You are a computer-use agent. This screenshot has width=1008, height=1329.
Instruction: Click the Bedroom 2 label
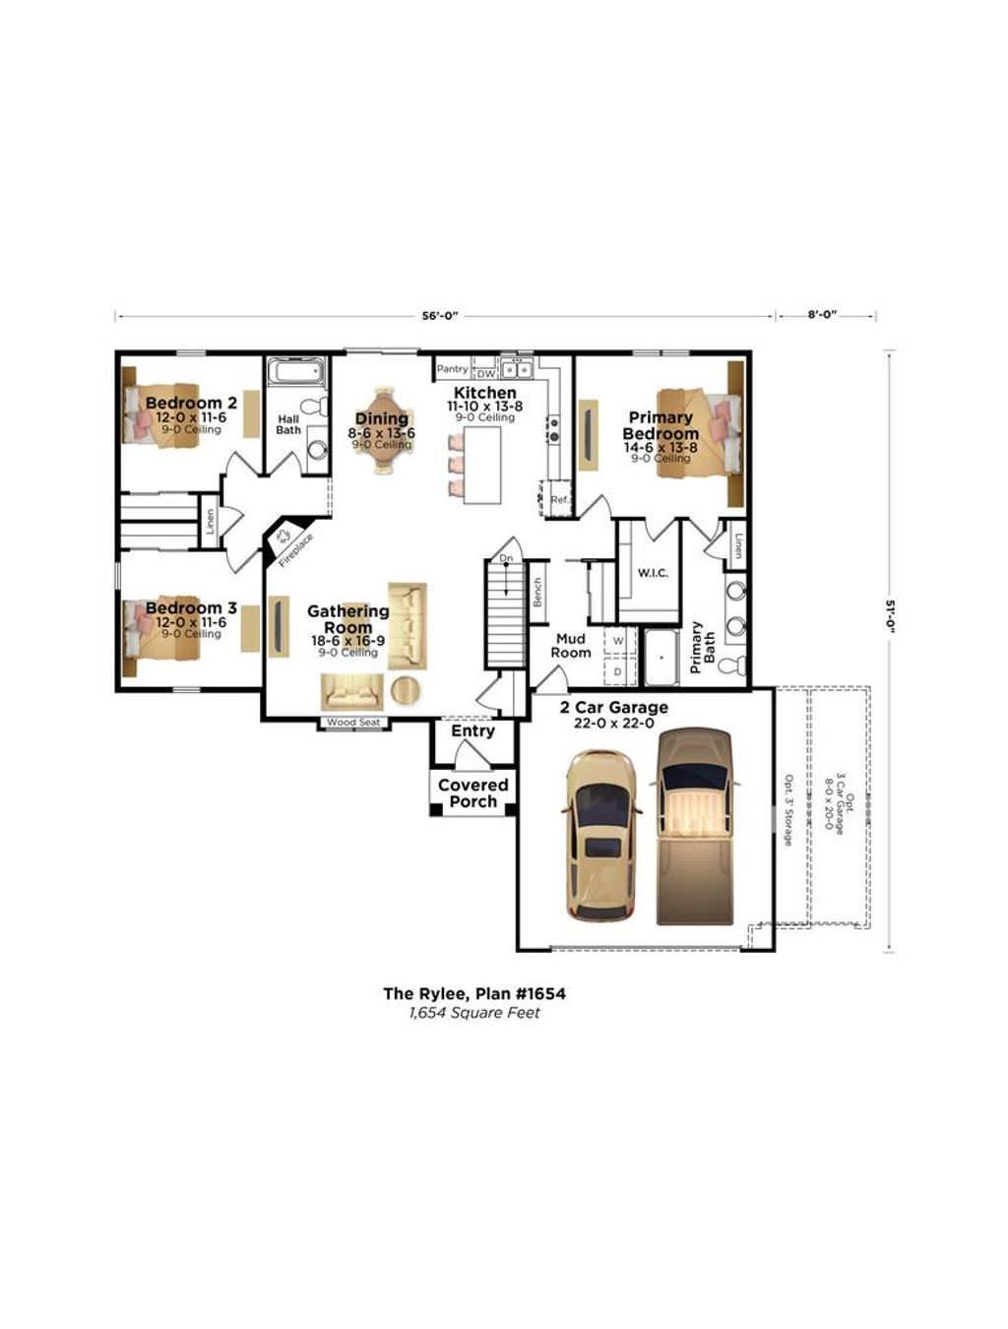pyautogui.click(x=191, y=404)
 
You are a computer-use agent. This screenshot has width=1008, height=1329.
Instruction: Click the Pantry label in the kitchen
pyautogui.click(x=452, y=369)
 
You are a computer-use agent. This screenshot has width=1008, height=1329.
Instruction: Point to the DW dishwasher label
pyautogui.click(x=486, y=373)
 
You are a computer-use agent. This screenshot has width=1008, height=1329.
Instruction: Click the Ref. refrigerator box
pyautogui.click(x=560, y=499)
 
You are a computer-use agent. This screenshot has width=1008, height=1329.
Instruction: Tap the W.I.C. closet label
pyautogui.click(x=653, y=572)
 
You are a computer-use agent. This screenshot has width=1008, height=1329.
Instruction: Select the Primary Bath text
pyautogui.click(x=703, y=647)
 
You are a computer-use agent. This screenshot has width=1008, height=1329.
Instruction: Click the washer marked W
pyautogui.click(x=618, y=641)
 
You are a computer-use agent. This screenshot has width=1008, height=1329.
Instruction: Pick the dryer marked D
pyautogui.click(x=618, y=671)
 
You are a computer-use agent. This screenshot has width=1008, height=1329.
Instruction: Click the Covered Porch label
pyautogui.click(x=472, y=793)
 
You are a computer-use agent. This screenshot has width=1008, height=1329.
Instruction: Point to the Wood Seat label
pyautogui.click(x=353, y=723)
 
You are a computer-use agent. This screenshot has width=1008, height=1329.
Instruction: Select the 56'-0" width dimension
pyautogui.click(x=440, y=316)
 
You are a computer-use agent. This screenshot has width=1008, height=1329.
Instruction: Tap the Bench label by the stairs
pyautogui.click(x=537, y=593)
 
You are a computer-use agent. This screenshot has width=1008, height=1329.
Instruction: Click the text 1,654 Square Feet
pyautogui.click(x=474, y=1013)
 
